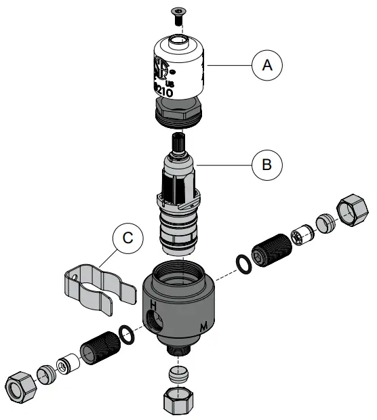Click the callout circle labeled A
click(x=266, y=65)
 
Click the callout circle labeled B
click(x=266, y=164)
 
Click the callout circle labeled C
click(x=127, y=238)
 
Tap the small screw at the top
click(x=177, y=14)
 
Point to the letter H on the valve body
click(x=153, y=306)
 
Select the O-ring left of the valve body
click(x=125, y=333)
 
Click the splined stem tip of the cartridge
click(x=178, y=144)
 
